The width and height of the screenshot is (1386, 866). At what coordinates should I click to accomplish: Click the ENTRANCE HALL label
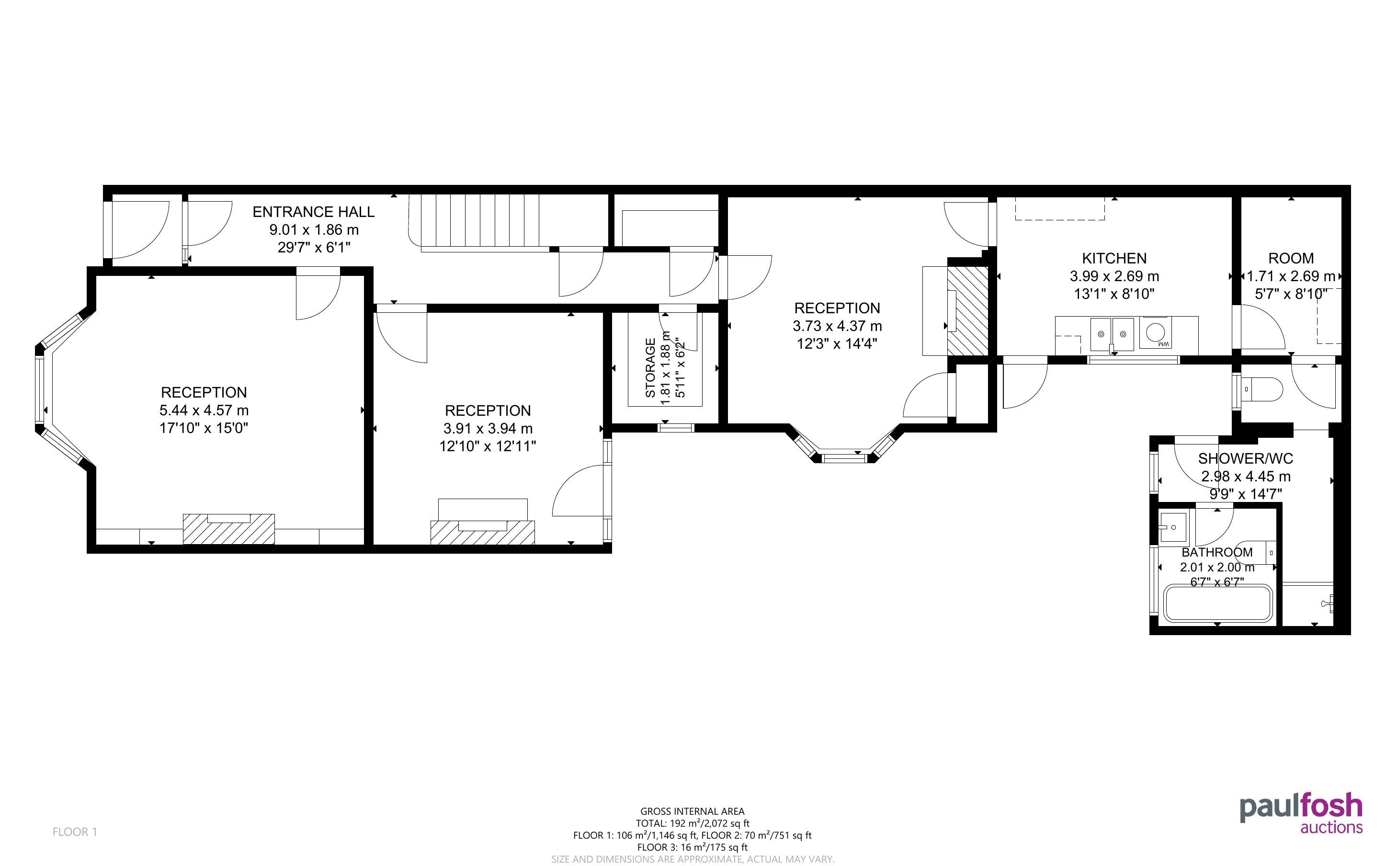point(313,212)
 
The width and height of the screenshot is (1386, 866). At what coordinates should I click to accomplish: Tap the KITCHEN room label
point(1114,258)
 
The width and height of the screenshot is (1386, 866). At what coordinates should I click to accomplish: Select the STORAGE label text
point(650,368)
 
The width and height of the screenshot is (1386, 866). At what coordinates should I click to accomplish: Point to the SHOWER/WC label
point(1245,458)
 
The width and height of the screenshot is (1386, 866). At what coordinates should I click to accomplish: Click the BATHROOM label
point(1216,552)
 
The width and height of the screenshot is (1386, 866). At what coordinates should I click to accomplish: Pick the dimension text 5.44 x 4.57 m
point(204,410)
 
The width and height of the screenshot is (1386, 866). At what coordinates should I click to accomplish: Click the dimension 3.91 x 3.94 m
point(488,428)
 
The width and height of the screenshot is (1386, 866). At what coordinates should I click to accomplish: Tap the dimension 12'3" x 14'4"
point(837,343)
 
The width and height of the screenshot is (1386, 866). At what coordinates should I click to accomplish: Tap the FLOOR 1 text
point(75,832)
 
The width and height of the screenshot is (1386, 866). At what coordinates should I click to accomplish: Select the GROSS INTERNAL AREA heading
point(692,811)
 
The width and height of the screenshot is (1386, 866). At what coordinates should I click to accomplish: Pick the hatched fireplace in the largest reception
point(228,529)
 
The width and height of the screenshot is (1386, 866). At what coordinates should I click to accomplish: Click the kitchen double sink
point(1112,334)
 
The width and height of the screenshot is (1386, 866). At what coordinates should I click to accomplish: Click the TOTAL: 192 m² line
point(692,823)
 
